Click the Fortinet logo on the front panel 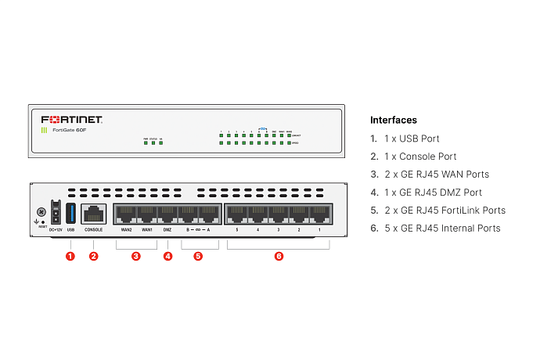(x=72, y=120)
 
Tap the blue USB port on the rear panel (x=70, y=212)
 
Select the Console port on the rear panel (x=94, y=214)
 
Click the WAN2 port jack (x=125, y=214)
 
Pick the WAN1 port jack (x=146, y=214)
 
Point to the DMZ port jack (x=167, y=214)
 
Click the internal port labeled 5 (x=236, y=214)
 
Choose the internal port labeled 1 (x=320, y=214)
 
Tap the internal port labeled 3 (x=278, y=214)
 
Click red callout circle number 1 (x=70, y=256)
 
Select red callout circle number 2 (x=94, y=256)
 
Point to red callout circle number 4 (x=167, y=256)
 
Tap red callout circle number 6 (x=279, y=256)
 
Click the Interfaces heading (x=393, y=120)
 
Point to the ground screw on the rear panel (x=40, y=211)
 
